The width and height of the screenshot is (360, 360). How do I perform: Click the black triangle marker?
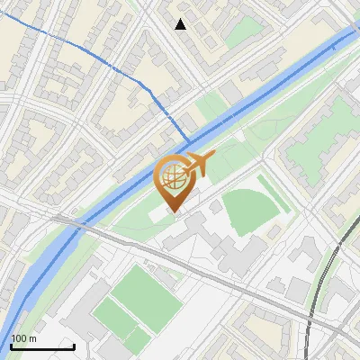pyautogui.click(x=181, y=24)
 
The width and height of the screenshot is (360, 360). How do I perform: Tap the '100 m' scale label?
pyautogui.click(x=23, y=338)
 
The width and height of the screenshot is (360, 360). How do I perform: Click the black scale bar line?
pyautogui.click(x=42, y=346)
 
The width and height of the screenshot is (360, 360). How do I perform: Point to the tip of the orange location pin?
pyautogui.click(x=174, y=212)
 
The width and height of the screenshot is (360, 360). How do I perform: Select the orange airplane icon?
pyautogui.click(x=199, y=164)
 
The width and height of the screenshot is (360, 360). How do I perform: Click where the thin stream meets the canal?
pyautogui.click(x=188, y=142)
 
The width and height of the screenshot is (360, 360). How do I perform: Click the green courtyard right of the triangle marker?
pyautogui.click(x=239, y=32)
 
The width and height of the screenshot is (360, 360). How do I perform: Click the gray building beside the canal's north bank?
pyautogui.click(x=230, y=93)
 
